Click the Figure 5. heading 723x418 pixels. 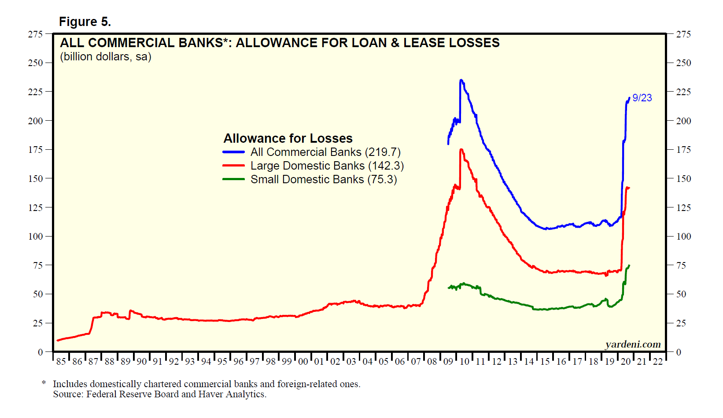pos(85,22)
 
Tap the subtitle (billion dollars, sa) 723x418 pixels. pos(106,57)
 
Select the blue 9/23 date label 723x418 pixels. pos(642,98)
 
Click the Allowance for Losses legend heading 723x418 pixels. pos(288,138)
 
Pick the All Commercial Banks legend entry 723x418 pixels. pos(325,152)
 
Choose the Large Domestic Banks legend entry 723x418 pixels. pos(327,166)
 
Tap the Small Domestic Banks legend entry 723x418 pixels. pos(324,179)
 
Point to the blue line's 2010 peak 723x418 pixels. pos(461,80)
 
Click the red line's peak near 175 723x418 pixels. pos(461,149)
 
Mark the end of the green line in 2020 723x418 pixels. pos(629,265)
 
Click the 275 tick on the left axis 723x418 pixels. pos(35,34)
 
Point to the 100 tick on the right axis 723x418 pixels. pos(683,237)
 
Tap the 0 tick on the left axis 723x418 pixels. pos(40,352)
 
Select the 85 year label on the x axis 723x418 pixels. pos(61,362)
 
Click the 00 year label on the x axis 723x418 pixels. pos(303,362)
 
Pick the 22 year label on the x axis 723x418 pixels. pos(658,362)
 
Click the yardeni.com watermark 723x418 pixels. pos(633,344)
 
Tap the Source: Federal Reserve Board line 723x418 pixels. pos(159,394)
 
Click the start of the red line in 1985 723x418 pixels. pos(58,340)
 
